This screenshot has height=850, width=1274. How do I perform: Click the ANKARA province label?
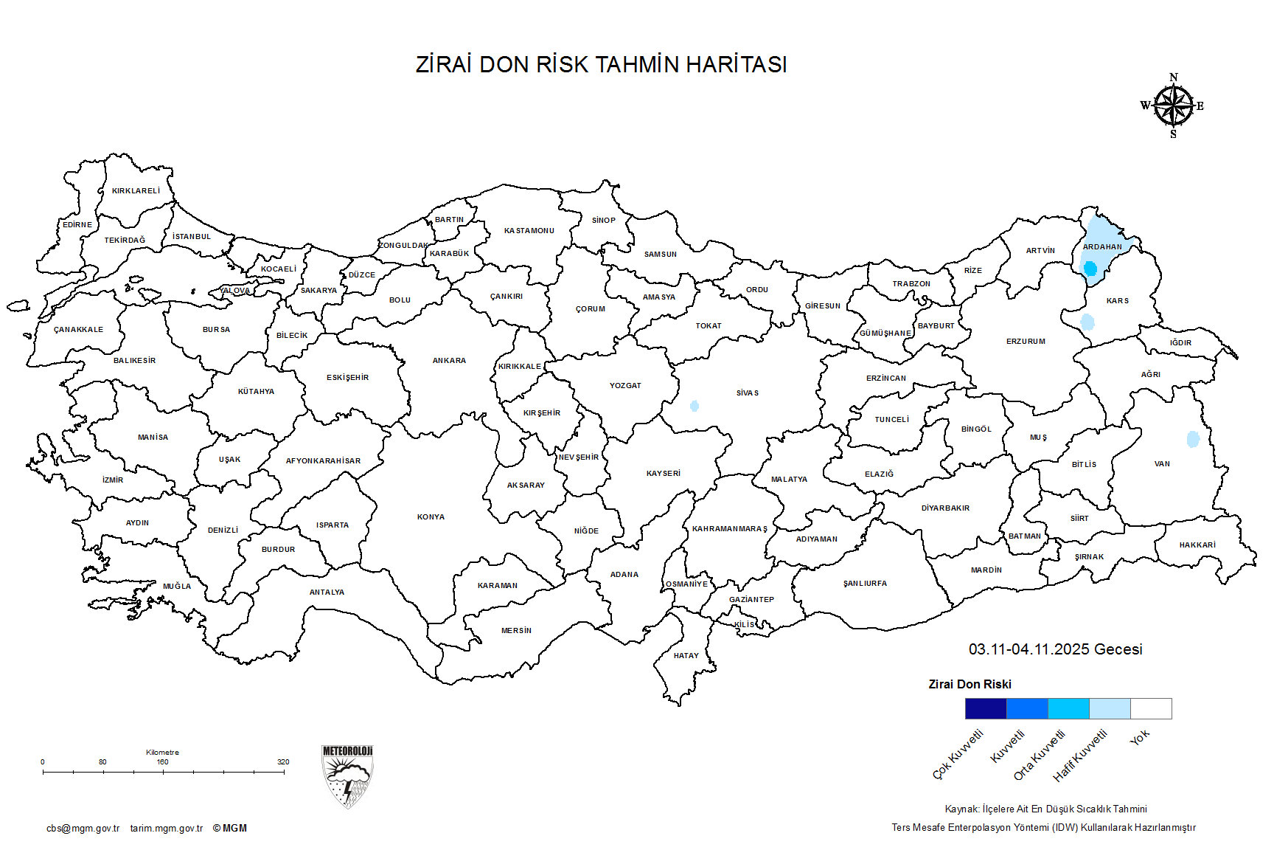[449, 361]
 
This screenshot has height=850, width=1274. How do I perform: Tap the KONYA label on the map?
[431, 517]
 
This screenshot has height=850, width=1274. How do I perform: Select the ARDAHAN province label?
[1102, 247]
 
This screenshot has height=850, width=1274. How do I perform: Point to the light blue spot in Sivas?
[694, 406]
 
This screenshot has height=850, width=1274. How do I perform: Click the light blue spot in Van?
[1193, 439]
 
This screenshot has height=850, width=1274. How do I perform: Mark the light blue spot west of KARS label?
[1087, 322]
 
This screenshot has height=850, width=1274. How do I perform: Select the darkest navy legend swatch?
[986, 708]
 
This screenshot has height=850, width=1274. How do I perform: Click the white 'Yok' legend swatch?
[1151, 708]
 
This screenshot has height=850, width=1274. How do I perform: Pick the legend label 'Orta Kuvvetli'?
[1040, 755]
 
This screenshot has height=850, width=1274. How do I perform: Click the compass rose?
[1173, 106]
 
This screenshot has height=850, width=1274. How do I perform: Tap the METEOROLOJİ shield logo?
[347, 777]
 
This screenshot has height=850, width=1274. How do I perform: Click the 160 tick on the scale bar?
[163, 772]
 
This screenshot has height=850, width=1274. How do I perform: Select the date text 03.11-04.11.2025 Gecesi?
[1055, 649]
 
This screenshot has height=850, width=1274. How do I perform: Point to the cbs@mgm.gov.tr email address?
[83, 829]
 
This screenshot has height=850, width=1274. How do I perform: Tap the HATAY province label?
[686, 656]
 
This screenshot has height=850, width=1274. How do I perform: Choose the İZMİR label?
[113, 480]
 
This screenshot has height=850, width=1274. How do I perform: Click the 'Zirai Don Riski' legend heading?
[970, 685]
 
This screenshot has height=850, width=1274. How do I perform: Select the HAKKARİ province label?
[1197, 545]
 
